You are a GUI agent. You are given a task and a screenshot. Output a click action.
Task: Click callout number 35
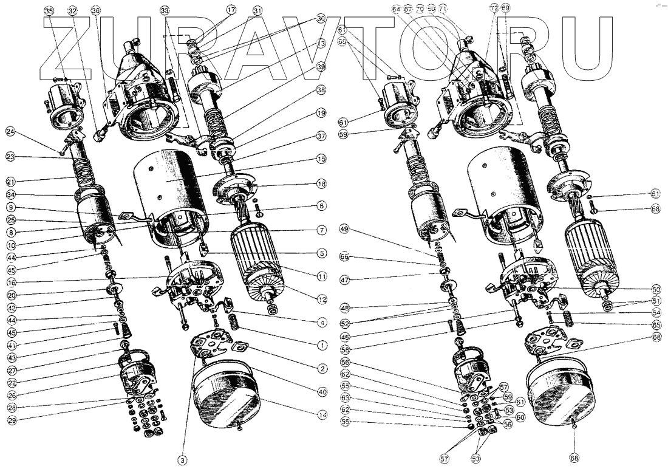pos(49,11)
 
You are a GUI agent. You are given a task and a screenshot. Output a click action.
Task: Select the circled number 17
pos(231,10)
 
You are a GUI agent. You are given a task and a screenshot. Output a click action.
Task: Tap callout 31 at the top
pos(258,11)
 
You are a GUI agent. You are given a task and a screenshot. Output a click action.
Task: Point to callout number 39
pos(321,66)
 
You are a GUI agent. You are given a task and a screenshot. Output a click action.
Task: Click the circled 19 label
pos(321,114)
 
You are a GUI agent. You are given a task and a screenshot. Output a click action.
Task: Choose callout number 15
pos(321,159)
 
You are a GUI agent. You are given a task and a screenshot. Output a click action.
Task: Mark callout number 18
pos(321,183)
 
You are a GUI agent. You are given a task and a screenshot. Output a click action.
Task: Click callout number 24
pos(10,131)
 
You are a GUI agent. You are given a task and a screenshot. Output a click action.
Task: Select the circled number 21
pos(10,181)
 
